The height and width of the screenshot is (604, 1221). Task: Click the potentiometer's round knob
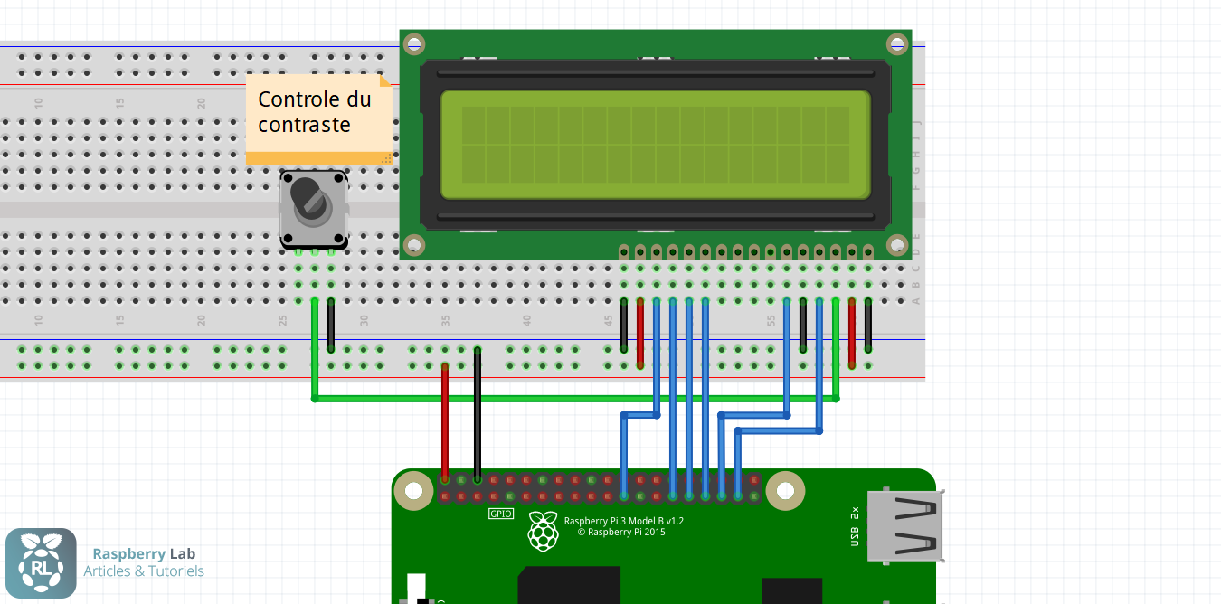click(x=312, y=203)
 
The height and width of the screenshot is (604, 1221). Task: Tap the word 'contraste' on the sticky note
click(x=304, y=125)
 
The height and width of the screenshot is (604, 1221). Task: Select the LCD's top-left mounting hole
click(x=414, y=43)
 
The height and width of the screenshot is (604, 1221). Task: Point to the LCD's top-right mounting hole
click(x=896, y=43)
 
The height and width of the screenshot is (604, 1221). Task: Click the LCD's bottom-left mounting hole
click(x=414, y=245)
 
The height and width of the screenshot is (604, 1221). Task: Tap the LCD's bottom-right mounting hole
click(x=896, y=245)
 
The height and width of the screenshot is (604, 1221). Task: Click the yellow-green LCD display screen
click(x=655, y=145)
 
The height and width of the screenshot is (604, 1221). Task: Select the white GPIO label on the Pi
click(x=501, y=514)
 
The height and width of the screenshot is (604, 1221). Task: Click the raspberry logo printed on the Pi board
click(x=543, y=531)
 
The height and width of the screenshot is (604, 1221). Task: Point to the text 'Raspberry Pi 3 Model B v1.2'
click(x=623, y=521)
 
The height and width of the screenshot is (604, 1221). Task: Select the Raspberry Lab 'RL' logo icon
click(x=41, y=563)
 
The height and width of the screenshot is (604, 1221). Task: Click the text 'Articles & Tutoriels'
click(x=144, y=571)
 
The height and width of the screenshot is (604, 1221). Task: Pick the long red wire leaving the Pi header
click(x=444, y=420)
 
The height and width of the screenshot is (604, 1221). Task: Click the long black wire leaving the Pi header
click(x=478, y=411)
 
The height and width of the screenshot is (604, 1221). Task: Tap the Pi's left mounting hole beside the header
click(x=414, y=491)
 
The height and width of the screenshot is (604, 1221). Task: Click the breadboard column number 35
click(x=445, y=320)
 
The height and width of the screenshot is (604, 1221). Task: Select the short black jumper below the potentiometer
click(x=331, y=324)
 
